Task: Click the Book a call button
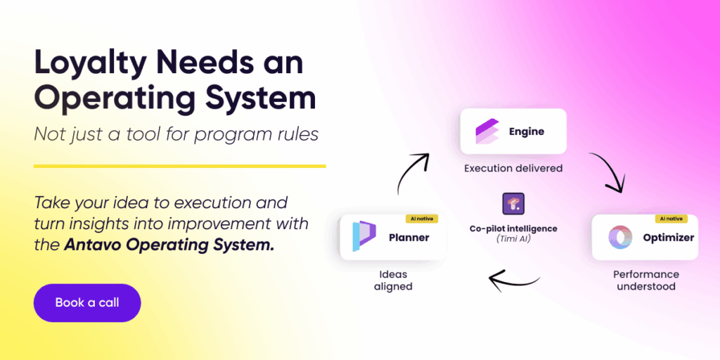coord(87,303)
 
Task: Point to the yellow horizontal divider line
coord(180,167)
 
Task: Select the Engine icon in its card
coord(487,131)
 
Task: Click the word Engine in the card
coord(527,131)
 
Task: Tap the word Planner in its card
coord(409,238)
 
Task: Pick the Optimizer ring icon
coord(618,238)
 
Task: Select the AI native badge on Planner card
coord(422,219)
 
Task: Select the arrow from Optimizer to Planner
coord(516,280)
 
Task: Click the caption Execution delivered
coord(512,169)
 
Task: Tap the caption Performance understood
coord(645,280)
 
